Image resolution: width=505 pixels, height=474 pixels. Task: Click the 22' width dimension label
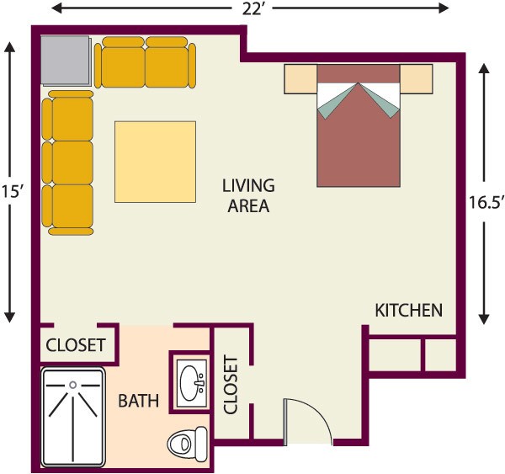coord(252,9)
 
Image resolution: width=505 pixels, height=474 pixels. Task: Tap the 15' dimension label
coord(12,191)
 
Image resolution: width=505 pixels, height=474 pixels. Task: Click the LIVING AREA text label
coord(248,195)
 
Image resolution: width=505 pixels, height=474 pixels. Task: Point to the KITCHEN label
coord(409,311)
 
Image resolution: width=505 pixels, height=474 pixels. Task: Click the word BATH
coord(139,401)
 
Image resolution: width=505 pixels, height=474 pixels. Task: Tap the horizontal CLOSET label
coord(76,345)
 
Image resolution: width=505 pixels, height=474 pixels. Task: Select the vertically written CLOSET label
coord(231,385)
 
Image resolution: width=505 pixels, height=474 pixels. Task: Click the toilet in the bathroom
coord(188,445)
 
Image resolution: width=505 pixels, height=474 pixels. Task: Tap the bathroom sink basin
coord(192,383)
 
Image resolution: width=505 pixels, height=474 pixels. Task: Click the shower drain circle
coord(73,385)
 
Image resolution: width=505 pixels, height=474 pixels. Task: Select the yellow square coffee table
coord(155,162)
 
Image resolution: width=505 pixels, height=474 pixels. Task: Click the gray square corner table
coord(66,61)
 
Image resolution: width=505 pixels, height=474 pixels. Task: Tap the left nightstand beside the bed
coord(300,79)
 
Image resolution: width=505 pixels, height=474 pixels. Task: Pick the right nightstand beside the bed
coord(416,78)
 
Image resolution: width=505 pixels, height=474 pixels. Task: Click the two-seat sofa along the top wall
coord(145,62)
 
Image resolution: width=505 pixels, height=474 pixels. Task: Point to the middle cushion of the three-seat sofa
coord(72,162)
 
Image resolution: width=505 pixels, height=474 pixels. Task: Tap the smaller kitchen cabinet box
coord(440,354)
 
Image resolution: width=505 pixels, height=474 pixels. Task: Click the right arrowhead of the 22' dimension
coord(443,8)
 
